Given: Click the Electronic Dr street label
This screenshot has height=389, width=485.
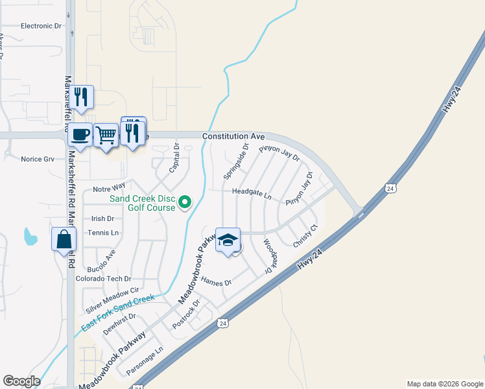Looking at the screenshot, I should click(x=40, y=26).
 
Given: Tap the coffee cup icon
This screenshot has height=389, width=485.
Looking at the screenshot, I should click(x=80, y=134).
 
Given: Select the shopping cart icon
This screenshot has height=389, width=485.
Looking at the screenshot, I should click(x=106, y=136).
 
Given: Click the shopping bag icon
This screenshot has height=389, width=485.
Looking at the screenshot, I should click(x=65, y=239).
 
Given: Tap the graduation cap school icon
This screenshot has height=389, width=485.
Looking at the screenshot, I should click(x=228, y=241).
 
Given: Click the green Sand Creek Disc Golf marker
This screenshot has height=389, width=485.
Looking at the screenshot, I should click(x=185, y=203).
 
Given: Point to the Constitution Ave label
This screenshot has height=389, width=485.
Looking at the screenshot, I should click(x=233, y=137).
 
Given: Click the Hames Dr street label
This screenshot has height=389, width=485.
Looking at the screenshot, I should click(x=216, y=282).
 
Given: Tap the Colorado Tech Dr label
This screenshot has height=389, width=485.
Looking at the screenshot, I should click(x=99, y=278).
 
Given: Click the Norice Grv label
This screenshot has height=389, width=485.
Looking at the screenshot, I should click(x=37, y=159).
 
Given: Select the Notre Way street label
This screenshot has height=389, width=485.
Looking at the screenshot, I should click(x=108, y=189).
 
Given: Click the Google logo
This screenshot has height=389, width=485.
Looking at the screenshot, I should click(x=21, y=381).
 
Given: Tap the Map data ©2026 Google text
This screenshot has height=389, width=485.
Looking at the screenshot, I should click(x=444, y=384).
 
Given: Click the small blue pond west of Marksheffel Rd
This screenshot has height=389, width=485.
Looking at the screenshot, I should click(x=29, y=237).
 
